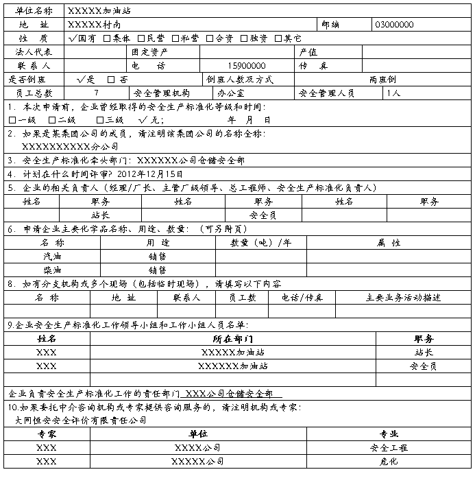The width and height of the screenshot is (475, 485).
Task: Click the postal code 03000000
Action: pos(394,25)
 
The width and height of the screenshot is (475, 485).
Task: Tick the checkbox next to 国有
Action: pos(73,38)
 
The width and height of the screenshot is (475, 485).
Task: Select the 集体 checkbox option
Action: pos(106,38)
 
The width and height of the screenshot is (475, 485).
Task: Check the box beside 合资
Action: pos(210,38)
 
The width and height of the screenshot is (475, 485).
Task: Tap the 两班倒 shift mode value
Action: pos(383,80)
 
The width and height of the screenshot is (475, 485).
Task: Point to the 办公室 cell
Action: pos(230,93)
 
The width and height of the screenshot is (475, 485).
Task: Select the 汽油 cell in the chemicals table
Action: pos(52,256)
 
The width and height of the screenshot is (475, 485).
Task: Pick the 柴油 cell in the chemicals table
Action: pos(52,270)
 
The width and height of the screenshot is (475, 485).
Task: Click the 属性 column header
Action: pos(389,243)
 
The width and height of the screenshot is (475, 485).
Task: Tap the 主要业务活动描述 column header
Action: pos(403,298)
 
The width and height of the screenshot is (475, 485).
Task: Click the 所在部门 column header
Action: pos(233,339)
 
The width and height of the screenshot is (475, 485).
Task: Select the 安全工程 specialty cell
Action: pos(388,448)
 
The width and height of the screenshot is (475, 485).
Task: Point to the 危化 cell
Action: pos(388,462)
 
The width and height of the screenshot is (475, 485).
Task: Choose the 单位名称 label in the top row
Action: pos(34,11)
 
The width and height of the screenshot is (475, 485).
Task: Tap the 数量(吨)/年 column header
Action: pos(260,243)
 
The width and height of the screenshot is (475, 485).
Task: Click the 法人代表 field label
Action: pos(34,52)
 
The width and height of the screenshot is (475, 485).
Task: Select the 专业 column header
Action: pos(388,434)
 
